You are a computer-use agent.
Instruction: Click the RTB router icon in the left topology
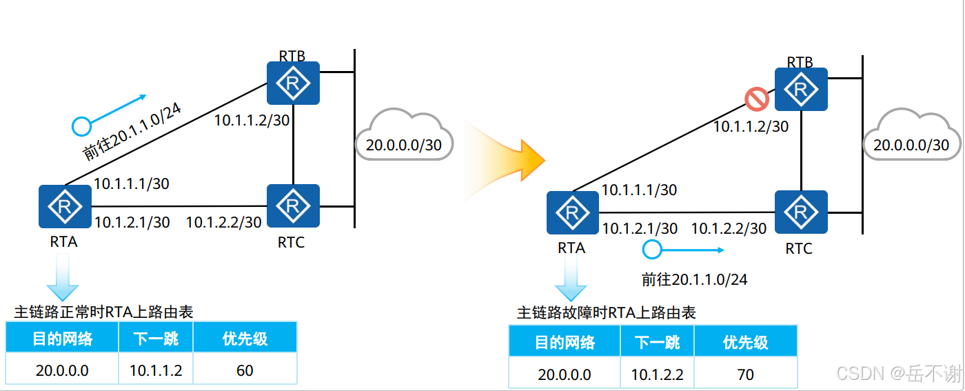pos(294,83)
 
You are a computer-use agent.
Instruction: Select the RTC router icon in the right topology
pos(801,212)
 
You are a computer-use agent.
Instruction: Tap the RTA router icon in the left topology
pos(65,206)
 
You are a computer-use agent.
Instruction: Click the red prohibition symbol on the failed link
pos(757,99)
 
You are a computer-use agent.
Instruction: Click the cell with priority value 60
pos(245,370)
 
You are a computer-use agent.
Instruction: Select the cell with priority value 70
pos(745,375)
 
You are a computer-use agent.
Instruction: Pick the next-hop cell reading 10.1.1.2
pos(156,370)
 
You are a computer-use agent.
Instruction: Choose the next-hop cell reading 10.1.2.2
pos(657,375)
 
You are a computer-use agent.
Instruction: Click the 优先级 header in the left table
pos(245,339)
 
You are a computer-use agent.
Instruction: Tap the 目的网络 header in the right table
pos(565,343)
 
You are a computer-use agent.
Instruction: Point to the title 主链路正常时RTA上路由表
pos(103,312)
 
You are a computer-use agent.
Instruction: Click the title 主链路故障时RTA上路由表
pos(607,313)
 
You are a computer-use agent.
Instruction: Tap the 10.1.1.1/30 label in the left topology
pos(132,183)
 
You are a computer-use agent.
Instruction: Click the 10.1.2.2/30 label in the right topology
pos(729,228)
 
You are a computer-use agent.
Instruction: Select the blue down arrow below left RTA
pos(63,277)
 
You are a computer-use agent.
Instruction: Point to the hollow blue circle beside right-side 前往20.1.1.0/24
pos(651,249)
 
